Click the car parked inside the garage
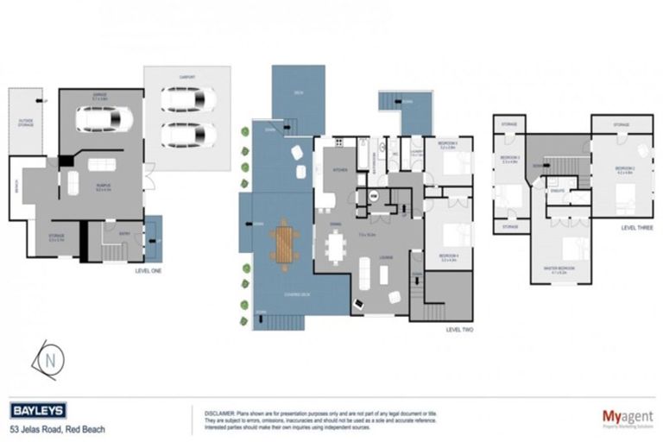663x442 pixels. click(x=104, y=118)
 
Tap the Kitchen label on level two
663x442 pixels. click(x=338, y=170)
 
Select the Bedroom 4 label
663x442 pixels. click(x=447, y=256)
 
